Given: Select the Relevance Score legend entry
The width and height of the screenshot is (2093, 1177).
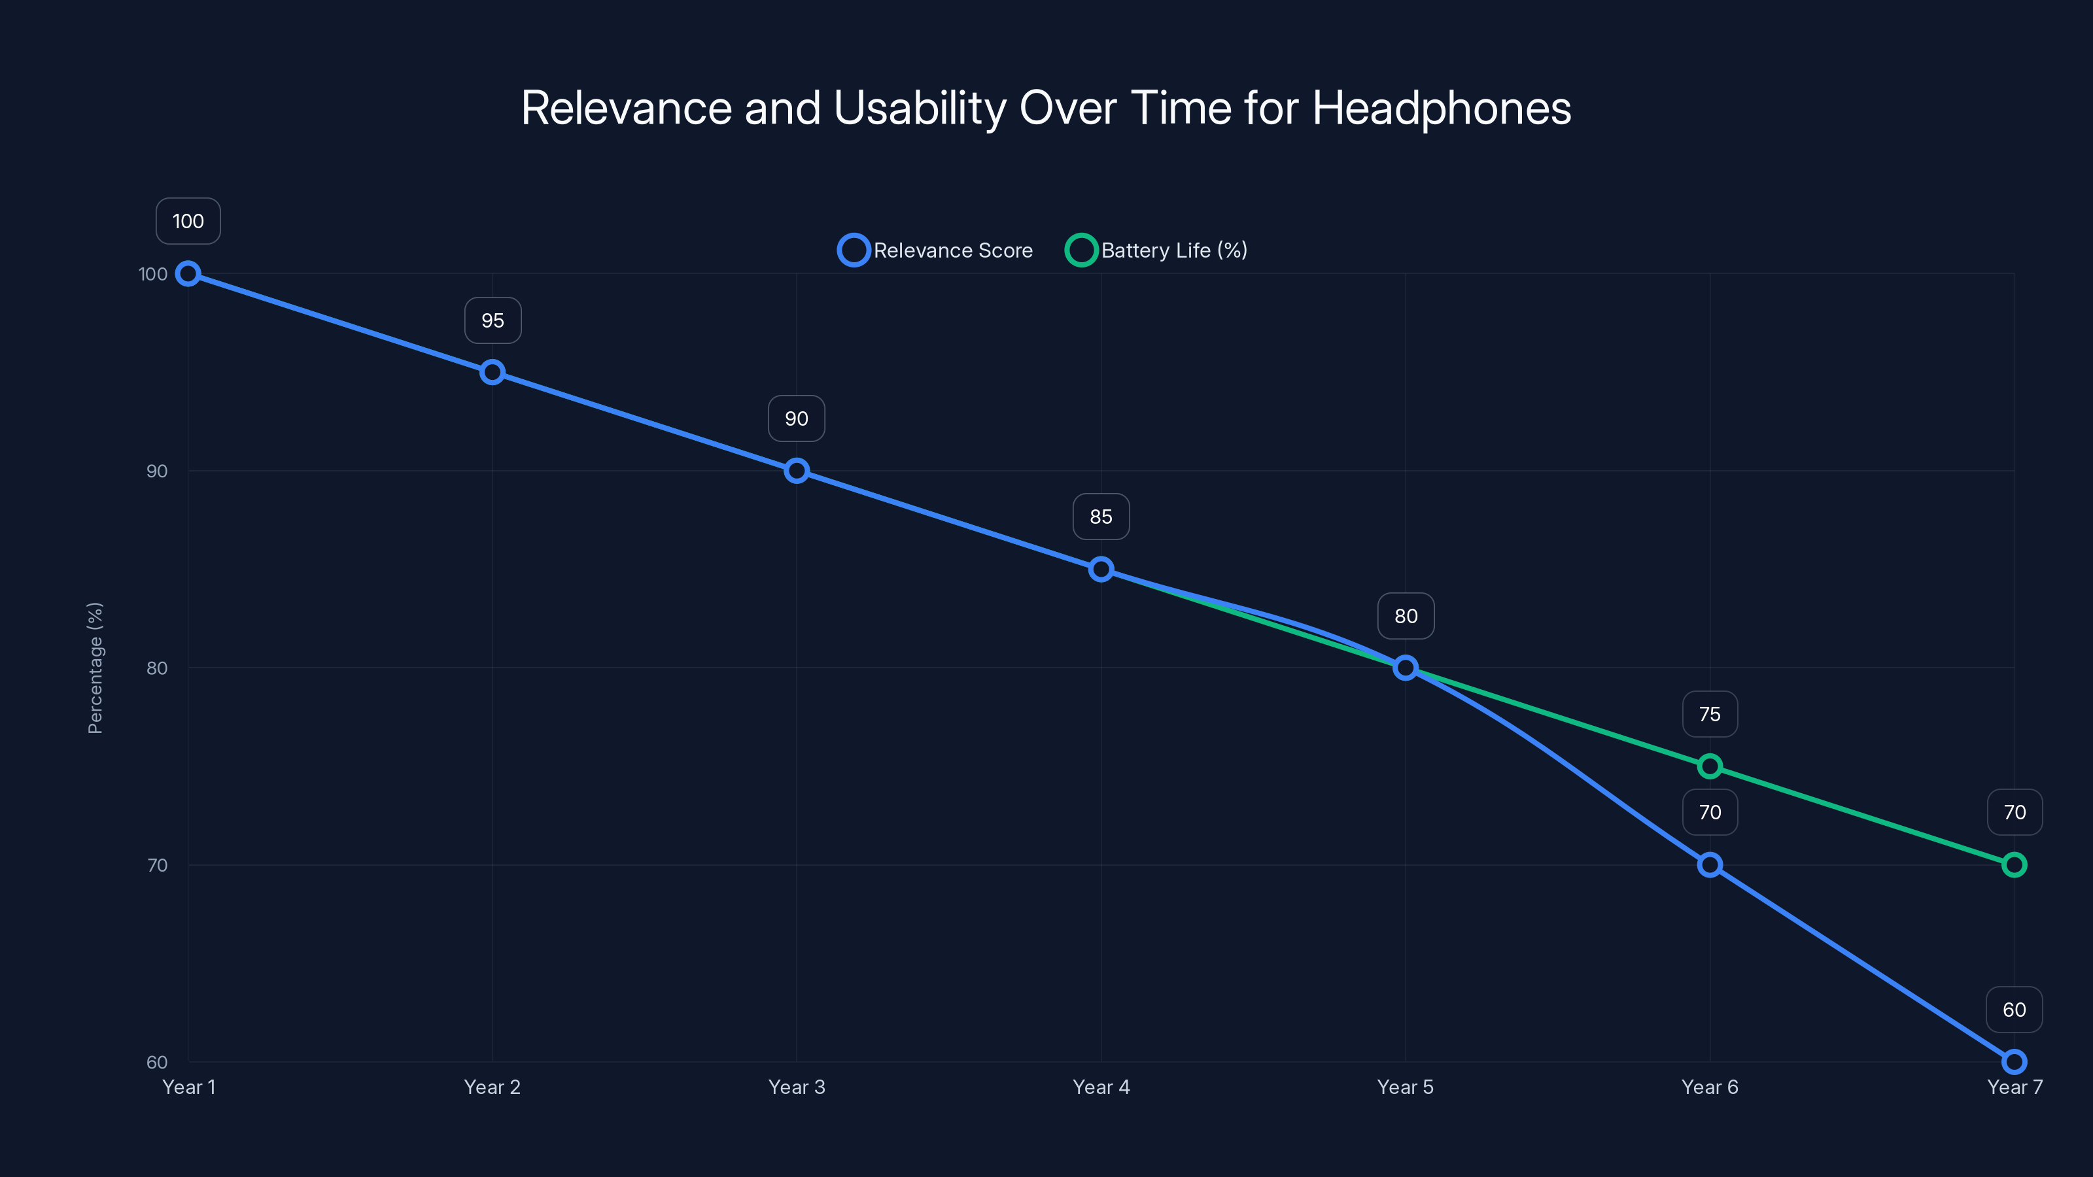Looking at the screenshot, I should (935, 250).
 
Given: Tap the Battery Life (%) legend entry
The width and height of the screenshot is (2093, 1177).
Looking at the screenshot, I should (1156, 250).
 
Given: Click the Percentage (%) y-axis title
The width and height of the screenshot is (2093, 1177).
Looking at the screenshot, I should (95, 668).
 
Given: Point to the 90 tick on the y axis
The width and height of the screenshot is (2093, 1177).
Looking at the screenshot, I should (156, 471).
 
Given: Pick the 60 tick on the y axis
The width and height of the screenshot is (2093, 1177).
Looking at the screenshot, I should (156, 1062).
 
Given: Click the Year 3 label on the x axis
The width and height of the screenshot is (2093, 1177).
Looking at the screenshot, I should (796, 1087).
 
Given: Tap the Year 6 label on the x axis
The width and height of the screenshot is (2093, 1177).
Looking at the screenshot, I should (1710, 1087).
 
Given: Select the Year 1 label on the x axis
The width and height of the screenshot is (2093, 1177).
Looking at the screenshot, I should (188, 1087).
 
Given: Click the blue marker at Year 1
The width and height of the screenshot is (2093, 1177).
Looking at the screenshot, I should (188, 274).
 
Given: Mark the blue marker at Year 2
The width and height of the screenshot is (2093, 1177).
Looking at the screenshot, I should (493, 372).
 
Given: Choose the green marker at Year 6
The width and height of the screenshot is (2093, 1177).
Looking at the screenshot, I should (1710, 766).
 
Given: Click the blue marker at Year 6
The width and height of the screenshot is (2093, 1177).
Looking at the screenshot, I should (1710, 864).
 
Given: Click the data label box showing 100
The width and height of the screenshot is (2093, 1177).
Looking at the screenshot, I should (188, 221).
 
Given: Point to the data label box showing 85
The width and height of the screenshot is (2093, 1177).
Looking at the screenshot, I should (1101, 517).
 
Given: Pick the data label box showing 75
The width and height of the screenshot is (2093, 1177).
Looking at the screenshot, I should (1710, 714).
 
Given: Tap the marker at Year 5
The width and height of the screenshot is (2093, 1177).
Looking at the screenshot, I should (1406, 668).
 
